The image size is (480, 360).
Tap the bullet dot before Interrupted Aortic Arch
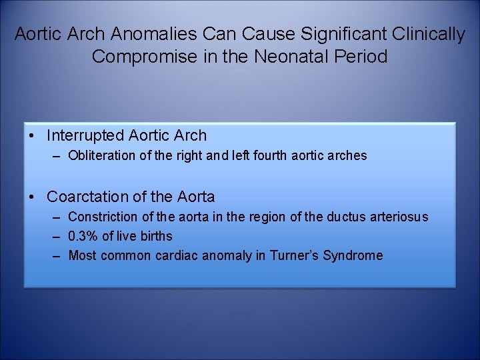click(32, 136)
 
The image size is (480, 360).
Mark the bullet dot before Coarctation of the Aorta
click(32, 197)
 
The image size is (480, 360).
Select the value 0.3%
click(82, 237)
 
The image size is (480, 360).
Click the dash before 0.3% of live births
click(55, 237)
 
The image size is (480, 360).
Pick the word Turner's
click(294, 256)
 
